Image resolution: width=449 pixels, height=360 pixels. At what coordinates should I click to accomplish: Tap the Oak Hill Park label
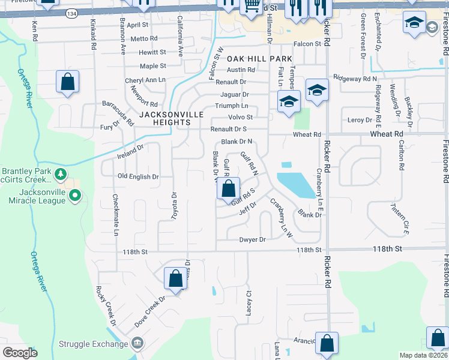click(x=259, y=59)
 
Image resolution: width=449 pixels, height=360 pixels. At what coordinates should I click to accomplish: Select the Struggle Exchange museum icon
click(x=137, y=344)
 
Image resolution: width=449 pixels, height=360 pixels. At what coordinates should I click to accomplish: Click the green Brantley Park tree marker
click(x=60, y=175)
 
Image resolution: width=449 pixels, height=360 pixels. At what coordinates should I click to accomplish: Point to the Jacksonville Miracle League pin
click(x=74, y=195)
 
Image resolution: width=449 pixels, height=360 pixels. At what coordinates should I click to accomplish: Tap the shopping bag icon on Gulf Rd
click(x=228, y=189)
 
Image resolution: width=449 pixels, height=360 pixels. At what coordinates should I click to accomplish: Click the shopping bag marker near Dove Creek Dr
click(x=175, y=279)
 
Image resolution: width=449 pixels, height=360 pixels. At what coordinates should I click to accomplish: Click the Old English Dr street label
click(x=138, y=177)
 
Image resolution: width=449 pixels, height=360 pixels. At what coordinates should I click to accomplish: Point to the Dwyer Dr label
click(x=252, y=240)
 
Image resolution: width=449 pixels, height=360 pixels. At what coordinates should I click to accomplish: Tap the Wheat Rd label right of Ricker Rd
click(x=386, y=134)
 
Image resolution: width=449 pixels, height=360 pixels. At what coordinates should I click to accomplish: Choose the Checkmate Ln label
click(x=115, y=214)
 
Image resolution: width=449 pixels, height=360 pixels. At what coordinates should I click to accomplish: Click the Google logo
click(x=20, y=353)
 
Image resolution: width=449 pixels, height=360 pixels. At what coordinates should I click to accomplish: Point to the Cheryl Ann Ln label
click(x=145, y=80)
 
